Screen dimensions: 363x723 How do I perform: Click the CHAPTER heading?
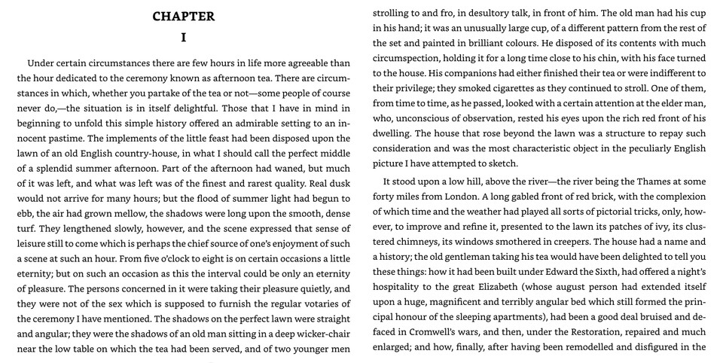pyautogui.click(x=183, y=17)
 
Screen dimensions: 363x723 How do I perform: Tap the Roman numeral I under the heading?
pyautogui.click(x=183, y=36)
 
